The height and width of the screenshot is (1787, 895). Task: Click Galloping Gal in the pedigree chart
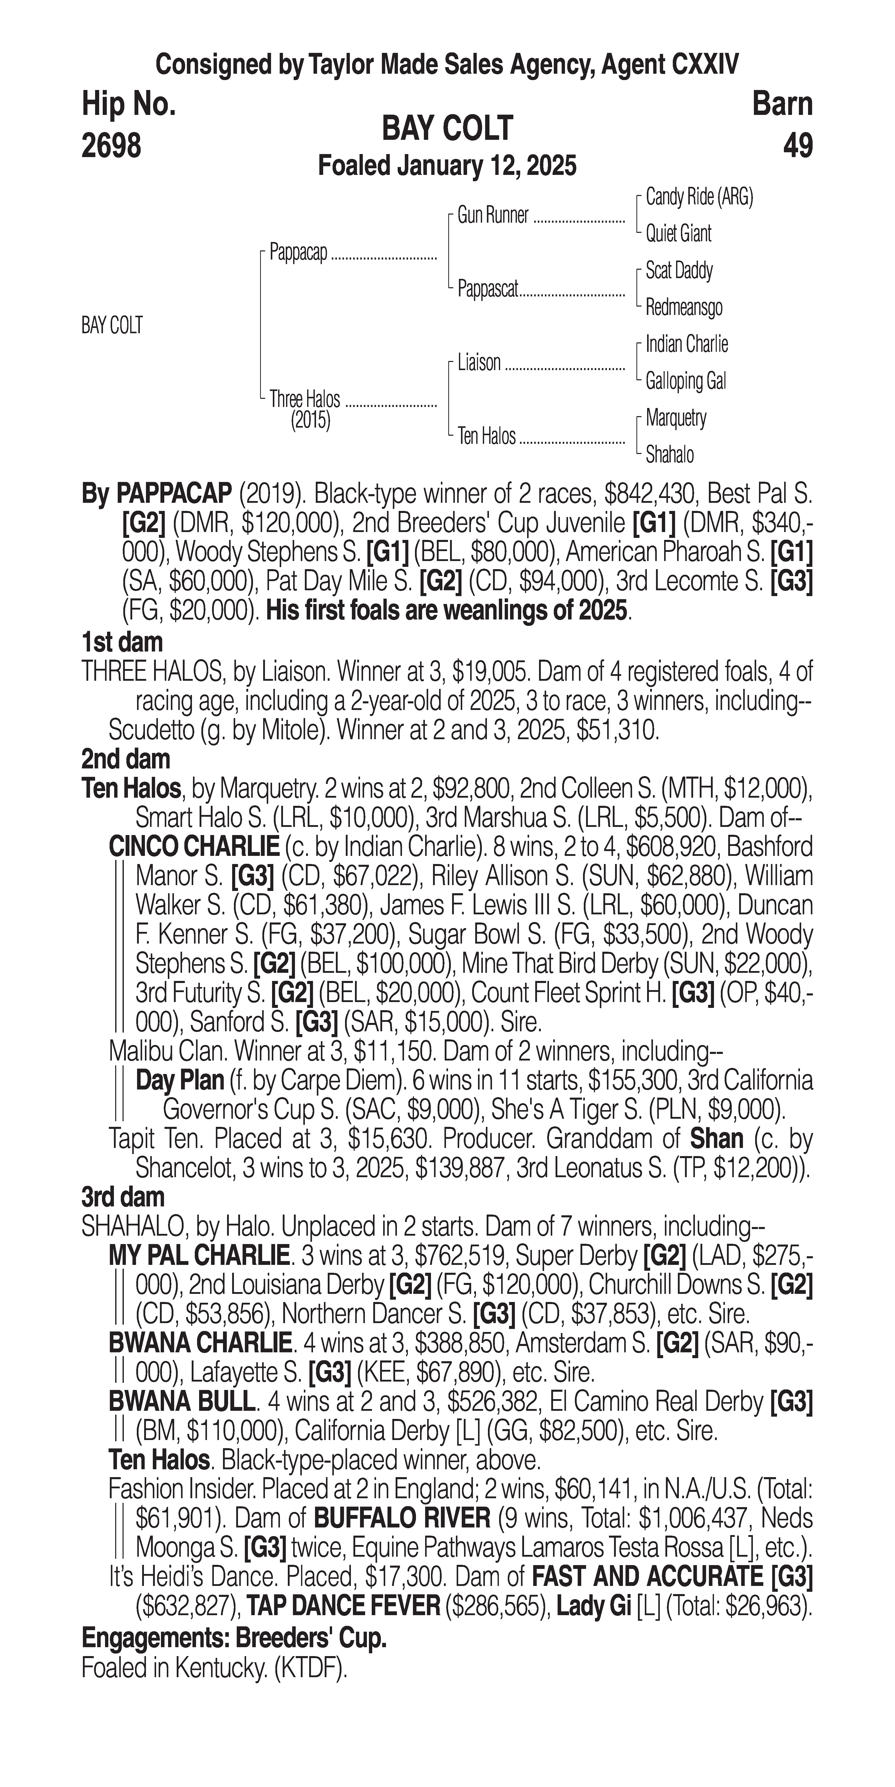685,381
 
